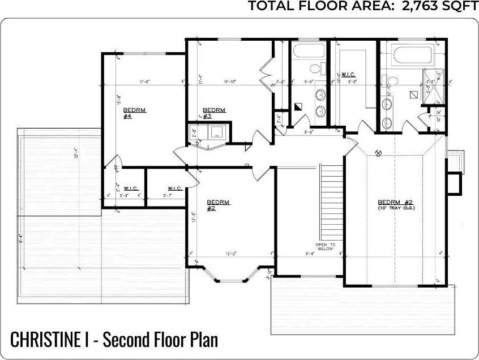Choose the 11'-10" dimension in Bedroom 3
coord(229,82)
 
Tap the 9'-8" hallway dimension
coord(309,132)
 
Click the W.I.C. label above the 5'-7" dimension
coord(174,188)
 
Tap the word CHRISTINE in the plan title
coord(46,340)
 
